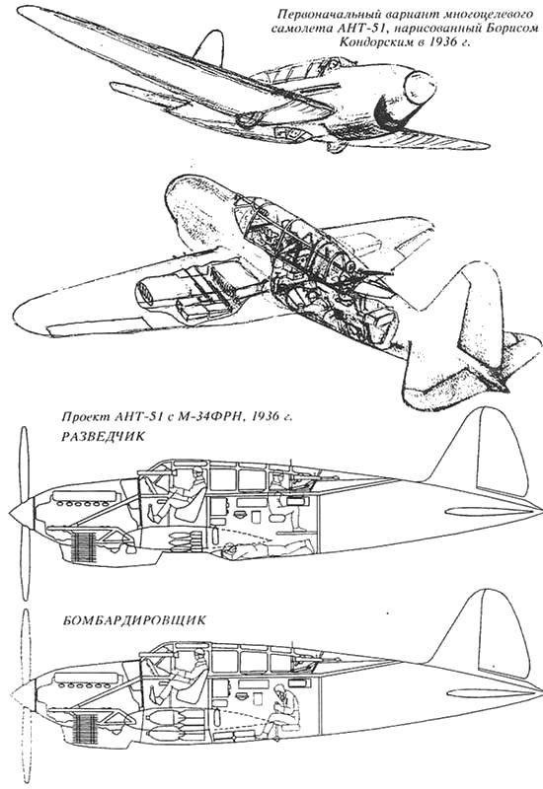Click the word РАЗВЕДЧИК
coord(103,437)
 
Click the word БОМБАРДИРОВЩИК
coord(134,620)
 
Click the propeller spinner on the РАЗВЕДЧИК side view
coord(22,513)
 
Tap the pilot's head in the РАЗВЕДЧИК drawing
coord(197,473)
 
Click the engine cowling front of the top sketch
coord(419,87)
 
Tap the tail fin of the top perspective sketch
coord(210,46)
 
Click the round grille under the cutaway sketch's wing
coord(145,292)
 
